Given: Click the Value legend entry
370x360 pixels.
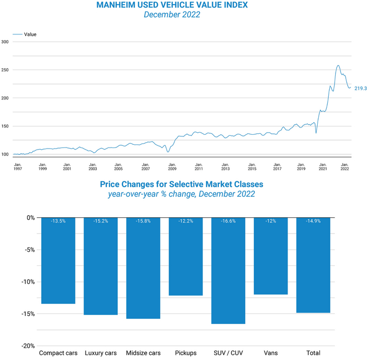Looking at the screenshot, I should coord(30,34).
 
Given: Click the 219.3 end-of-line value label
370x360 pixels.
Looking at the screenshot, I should coord(361,88).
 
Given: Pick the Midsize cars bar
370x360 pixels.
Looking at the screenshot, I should coord(143,268).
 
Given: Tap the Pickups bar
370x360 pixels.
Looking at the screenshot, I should coord(186,256).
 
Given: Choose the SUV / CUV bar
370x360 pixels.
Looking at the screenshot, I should coord(228,271).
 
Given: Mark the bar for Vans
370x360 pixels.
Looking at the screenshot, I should coord(271,256).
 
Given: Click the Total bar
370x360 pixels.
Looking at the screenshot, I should coord(313,265).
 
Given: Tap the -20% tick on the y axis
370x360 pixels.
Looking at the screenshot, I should coord(27,346).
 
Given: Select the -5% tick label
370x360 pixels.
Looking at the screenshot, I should coord(29,250).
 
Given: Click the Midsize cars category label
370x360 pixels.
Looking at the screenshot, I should coord(143,353).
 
